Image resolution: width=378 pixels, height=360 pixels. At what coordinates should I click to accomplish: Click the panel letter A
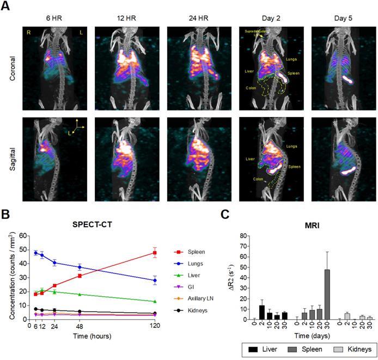tap(7, 7)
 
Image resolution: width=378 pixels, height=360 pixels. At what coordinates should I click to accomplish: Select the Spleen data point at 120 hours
tap(155, 253)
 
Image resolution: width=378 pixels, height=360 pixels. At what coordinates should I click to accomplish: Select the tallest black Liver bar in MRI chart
tap(262, 312)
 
